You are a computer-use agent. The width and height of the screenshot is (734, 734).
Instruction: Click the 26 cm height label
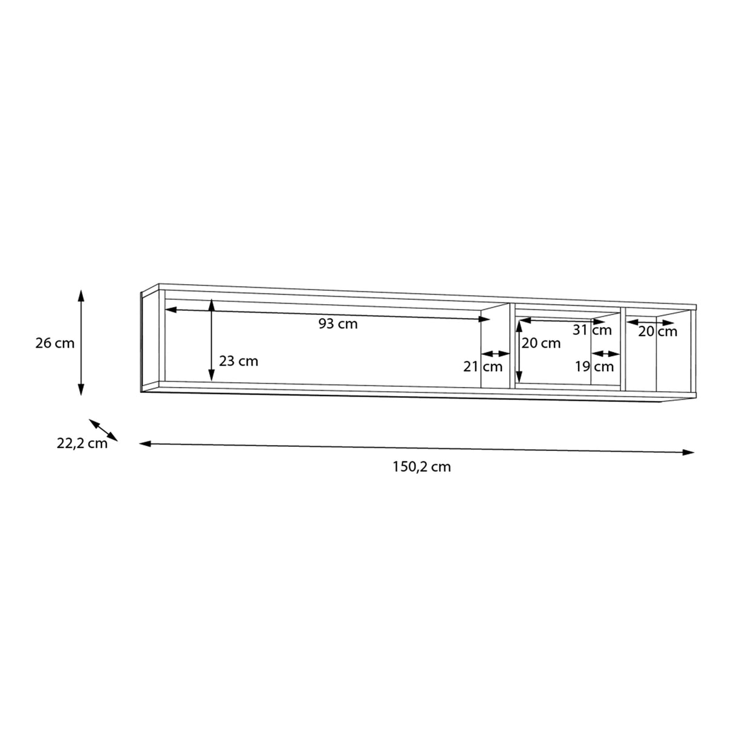[55, 343]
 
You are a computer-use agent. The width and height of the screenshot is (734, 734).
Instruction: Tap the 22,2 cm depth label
[82, 443]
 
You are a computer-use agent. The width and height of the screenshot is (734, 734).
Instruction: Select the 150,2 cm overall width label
[421, 467]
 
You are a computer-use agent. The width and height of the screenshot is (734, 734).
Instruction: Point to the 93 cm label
[338, 324]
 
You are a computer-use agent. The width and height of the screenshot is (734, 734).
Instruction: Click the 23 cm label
[238, 361]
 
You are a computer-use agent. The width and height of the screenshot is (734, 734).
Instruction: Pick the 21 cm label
[483, 366]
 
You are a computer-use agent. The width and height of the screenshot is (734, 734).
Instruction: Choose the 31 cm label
[593, 330]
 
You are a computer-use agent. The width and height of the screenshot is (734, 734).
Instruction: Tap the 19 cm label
[594, 366]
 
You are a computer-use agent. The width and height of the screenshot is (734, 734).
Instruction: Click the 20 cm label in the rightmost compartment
[658, 331]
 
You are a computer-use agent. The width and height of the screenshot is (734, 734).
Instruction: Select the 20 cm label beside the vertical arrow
[541, 343]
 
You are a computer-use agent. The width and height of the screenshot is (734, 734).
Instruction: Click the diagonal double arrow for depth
[103, 429]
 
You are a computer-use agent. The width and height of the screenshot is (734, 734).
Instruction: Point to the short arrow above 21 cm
[496, 354]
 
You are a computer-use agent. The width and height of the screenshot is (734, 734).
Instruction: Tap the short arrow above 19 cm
[606, 354]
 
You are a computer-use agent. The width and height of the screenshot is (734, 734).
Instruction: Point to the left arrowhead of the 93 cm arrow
[171, 310]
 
